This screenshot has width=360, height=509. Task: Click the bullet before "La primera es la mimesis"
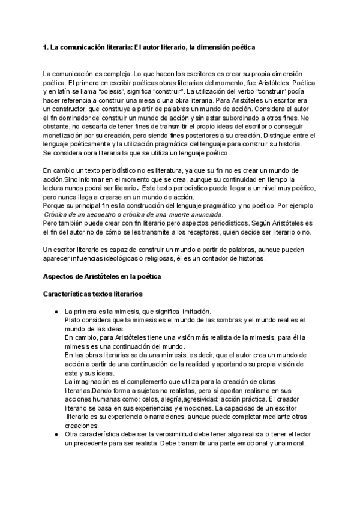coord(56,312)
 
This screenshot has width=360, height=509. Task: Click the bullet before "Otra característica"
coord(56,433)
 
